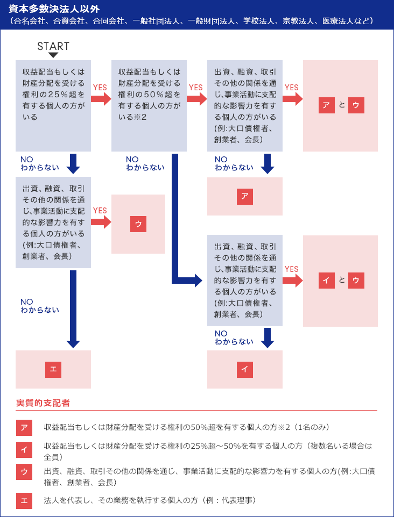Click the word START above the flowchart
tap(53, 46)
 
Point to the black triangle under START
tap(53, 55)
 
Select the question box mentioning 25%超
tap(53, 106)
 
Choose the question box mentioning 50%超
tap(149, 106)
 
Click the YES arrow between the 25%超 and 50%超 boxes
tap(101, 99)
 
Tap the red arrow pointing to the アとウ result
tap(293, 99)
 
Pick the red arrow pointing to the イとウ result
tap(293, 281)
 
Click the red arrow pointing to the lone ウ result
tap(101, 222)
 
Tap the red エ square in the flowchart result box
tap(53, 370)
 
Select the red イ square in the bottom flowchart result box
tap(245, 370)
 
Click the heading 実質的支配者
tap(43, 403)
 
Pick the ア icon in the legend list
tap(24, 428)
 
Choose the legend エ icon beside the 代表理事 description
tap(24, 501)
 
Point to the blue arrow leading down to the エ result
tap(73, 309)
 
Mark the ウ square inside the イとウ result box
tap(356, 281)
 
